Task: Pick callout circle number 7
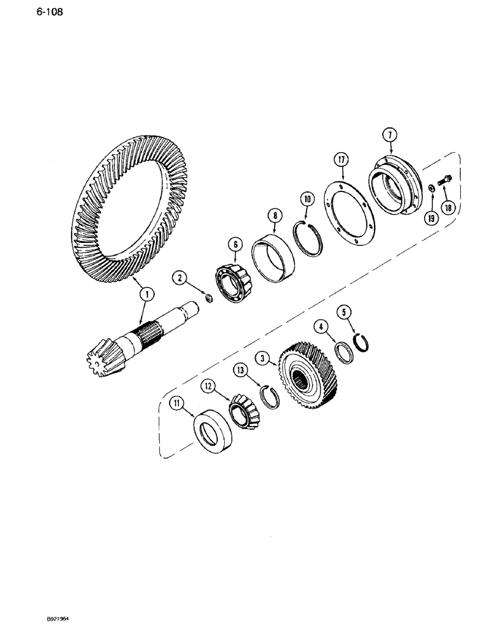[388, 134]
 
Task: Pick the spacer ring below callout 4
[344, 353]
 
